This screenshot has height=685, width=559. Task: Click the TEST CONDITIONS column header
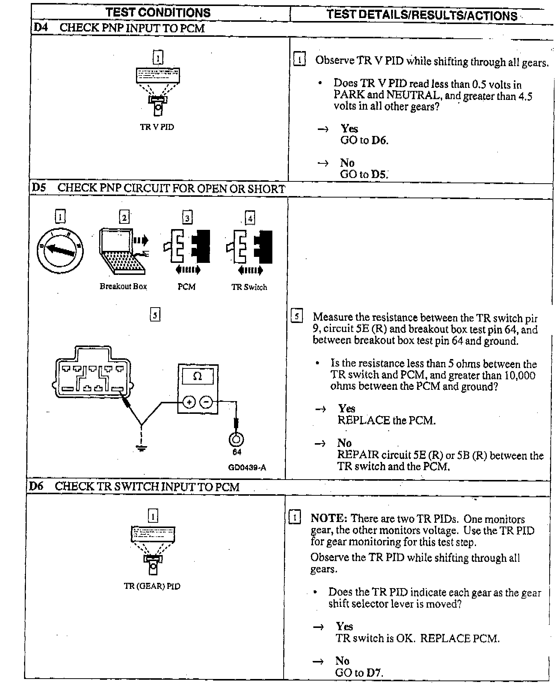[158, 13]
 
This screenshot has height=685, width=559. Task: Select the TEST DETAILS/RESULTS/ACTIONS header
[422, 15]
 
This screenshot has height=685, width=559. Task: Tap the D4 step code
[41, 27]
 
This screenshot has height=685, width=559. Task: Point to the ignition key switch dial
[60, 250]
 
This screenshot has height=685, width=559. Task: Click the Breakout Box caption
[123, 287]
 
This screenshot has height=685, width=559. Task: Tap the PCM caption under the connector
[186, 287]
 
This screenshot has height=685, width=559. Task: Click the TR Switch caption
[249, 287]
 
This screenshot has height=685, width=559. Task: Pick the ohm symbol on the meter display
[197, 377]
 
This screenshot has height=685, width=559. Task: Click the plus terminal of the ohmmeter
[189, 402]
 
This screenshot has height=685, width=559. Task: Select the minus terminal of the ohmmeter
[206, 402]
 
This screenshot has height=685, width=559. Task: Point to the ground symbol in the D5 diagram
[141, 448]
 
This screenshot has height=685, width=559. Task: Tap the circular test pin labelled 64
[236, 439]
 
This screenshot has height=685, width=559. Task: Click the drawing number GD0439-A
[247, 468]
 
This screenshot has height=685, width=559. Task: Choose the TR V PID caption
[157, 127]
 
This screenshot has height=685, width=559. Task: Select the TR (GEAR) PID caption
[152, 586]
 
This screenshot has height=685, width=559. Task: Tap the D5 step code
[39, 187]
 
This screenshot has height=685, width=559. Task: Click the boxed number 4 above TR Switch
[250, 218]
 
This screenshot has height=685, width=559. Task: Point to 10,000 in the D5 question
[517, 375]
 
